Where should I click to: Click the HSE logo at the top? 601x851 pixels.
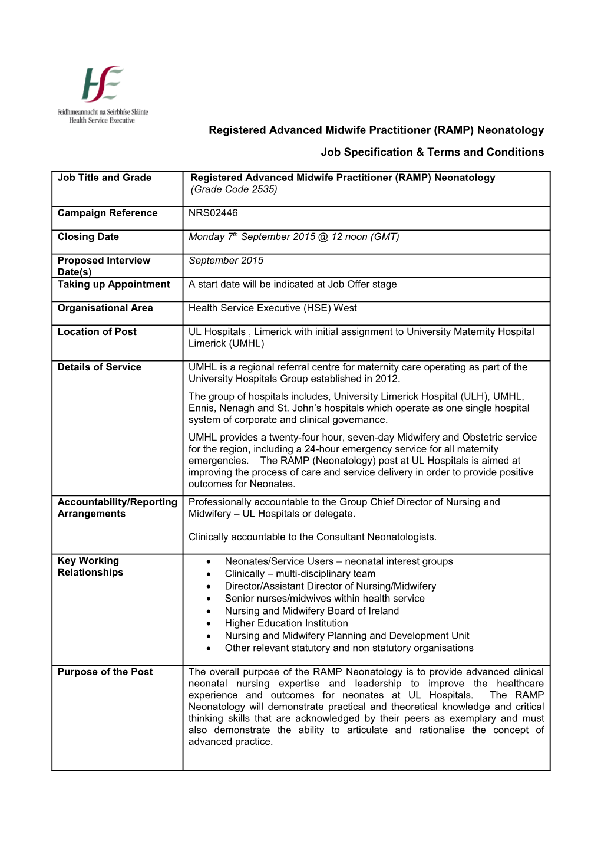tap(103, 94)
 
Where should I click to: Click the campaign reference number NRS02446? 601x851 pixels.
tap(213, 213)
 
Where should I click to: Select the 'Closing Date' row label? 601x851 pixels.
tap(88, 236)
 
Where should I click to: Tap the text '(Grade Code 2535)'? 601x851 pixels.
tap(234, 189)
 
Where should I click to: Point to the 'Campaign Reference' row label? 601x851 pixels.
tap(107, 213)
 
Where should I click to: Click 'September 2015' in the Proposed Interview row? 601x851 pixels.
tap(226, 260)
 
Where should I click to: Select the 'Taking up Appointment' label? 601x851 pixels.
tap(114, 284)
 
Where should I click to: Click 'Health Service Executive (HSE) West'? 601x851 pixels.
tap(273, 308)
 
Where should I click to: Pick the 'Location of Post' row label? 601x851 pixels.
tap(97, 331)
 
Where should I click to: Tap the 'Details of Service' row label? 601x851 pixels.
tap(100, 367)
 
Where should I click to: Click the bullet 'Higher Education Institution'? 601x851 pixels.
tap(286, 623)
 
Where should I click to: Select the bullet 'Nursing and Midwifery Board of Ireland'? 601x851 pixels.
tap(312, 611)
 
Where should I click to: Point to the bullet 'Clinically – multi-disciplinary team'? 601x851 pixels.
tap(300, 574)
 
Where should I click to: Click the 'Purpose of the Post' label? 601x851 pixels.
tap(105, 672)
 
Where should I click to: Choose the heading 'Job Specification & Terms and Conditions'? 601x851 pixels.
tap(432, 152)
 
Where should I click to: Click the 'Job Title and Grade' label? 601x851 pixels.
tap(104, 178)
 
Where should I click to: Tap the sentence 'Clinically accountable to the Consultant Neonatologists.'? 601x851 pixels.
tap(312, 537)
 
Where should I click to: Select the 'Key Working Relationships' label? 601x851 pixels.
tap(91, 566)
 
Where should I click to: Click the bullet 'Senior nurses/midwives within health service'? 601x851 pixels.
tap(325, 599)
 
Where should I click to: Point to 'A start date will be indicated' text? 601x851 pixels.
tap(293, 284)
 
